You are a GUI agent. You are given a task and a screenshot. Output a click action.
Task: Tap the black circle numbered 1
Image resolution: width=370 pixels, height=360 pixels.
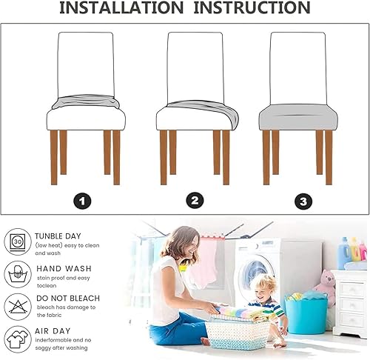(84, 200)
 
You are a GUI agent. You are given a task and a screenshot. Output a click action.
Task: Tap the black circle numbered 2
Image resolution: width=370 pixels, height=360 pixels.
(195, 200)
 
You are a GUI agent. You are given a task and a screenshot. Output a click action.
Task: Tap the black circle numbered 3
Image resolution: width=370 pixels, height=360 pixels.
(303, 200)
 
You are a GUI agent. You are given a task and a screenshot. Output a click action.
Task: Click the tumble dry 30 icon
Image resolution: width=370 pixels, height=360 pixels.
(17, 241)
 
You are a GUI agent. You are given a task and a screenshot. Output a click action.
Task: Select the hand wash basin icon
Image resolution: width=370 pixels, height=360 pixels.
(17, 273)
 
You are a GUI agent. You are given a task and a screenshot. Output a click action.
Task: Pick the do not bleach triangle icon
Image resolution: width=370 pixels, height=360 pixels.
(17, 305)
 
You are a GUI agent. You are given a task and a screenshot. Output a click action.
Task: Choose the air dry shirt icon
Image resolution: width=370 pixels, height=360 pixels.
(17, 339)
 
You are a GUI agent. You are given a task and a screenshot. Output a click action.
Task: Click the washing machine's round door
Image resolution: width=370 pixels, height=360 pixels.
(252, 272)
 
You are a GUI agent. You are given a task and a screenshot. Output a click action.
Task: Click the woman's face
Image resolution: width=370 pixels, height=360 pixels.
(187, 247)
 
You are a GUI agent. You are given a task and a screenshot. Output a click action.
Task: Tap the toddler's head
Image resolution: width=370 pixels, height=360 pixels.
(261, 285)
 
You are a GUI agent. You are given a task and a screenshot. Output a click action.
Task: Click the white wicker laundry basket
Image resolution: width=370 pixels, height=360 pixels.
(236, 334)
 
